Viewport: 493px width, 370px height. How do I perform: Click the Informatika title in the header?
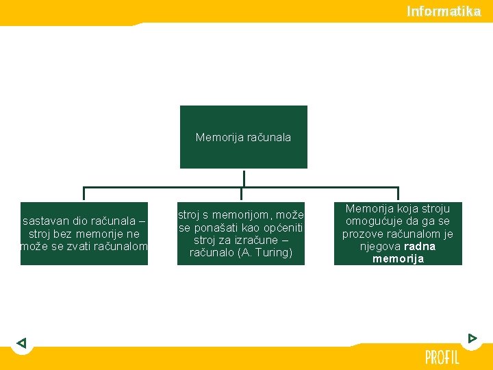tap(444, 11)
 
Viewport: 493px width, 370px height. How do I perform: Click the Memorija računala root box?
tap(243, 137)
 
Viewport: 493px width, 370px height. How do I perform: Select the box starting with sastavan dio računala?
tap(84, 234)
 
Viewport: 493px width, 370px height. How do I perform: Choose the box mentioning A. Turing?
tap(241, 234)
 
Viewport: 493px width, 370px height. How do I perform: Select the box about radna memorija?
tap(398, 234)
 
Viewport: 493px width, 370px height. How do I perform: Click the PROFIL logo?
tap(442, 357)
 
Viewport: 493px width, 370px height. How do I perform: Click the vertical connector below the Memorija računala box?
tap(243, 177)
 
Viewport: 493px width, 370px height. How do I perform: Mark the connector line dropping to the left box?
tap(84, 194)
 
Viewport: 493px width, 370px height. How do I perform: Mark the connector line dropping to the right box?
tap(398, 194)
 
